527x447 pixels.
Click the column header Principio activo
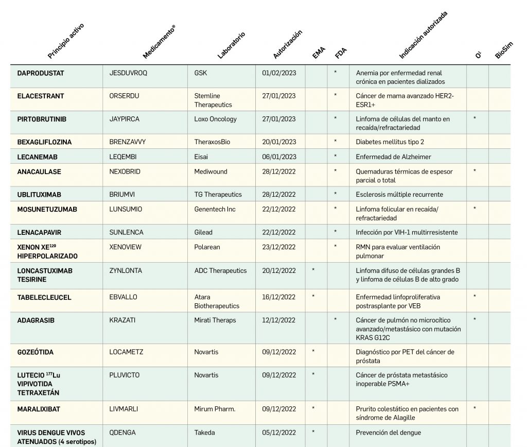(65, 41)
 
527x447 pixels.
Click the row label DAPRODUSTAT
(41, 73)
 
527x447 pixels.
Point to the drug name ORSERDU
(125, 96)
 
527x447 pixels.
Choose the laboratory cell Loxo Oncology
(216, 119)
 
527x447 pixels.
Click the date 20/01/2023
(279, 142)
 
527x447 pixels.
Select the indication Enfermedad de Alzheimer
(394, 157)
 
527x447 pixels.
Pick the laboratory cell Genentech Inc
(215, 209)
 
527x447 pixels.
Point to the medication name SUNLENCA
(127, 232)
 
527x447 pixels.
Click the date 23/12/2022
(279, 247)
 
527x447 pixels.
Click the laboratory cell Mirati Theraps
(215, 320)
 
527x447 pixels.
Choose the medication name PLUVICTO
(125, 375)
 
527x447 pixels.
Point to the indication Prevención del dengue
(389, 433)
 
